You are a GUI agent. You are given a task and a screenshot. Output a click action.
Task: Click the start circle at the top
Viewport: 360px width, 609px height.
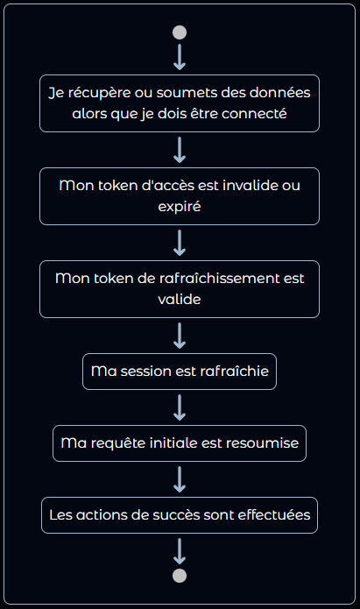(x=180, y=32)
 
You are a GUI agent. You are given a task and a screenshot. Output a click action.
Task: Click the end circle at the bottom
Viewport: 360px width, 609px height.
(x=180, y=576)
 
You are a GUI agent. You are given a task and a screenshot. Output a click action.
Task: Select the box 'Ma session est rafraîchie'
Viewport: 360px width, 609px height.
(x=180, y=372)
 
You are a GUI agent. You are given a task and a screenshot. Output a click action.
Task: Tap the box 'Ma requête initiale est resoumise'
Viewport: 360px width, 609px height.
(x=180, y=443)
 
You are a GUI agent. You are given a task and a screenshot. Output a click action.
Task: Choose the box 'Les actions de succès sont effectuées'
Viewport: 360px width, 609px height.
(x=180, y=515)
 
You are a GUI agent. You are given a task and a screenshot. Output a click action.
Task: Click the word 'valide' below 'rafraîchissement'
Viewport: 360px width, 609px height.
(x=180, y=299)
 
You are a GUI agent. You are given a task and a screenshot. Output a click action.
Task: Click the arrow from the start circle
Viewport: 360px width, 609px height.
(x=180, y=57)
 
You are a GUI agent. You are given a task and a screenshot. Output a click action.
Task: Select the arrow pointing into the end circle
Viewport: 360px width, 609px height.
(x=180, y=550)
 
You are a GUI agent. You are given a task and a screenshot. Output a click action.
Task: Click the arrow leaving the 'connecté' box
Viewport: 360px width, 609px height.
(x=180, y=150)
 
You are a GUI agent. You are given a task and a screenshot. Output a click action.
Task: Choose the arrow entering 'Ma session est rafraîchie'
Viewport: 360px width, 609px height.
(x=180, y=336)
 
